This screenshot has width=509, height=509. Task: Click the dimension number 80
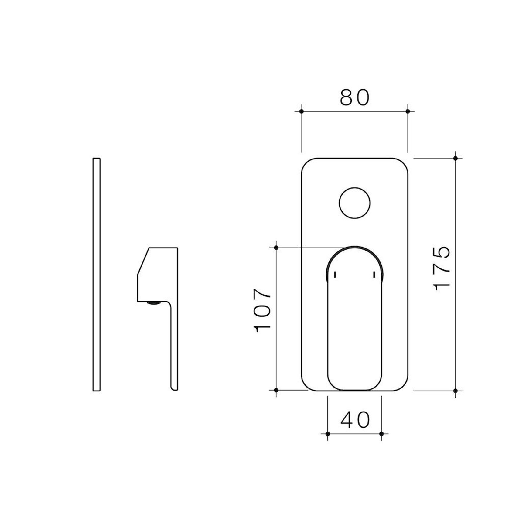click(354, 97)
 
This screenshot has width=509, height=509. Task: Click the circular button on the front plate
click(354, 203)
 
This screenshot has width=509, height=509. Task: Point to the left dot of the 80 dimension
click(301, 111)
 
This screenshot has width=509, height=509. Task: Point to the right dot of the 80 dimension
click(408, 111)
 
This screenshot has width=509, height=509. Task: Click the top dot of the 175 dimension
click(455, 158)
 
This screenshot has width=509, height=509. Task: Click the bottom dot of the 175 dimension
click(455, 390)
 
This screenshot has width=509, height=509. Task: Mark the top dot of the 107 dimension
click(276, 248)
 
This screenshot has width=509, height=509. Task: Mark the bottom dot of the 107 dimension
click(276, 390)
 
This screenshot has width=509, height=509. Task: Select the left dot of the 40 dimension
click(328, 434)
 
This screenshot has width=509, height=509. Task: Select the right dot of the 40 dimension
click(382, 434)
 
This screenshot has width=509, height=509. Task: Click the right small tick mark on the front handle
click(374, 275)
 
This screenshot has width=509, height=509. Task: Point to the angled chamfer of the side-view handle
click(143, 261)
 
